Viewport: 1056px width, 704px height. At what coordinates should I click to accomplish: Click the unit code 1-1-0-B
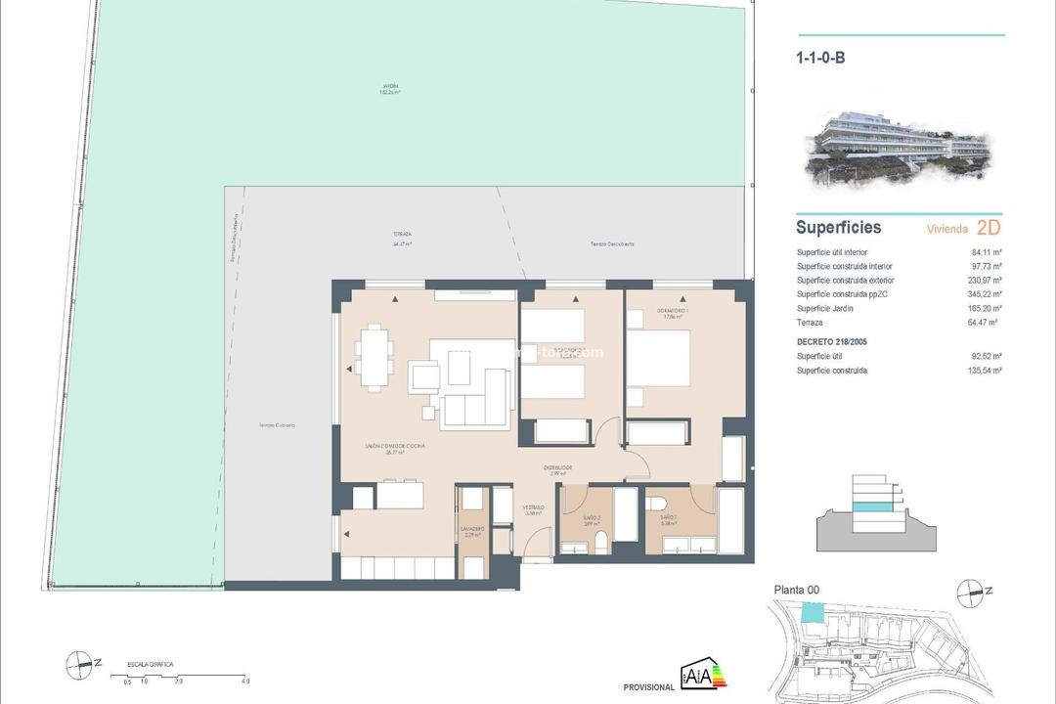(820, 58)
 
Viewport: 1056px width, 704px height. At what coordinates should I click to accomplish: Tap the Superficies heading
(838, 228)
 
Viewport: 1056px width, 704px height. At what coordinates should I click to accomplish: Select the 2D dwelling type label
(989, 228)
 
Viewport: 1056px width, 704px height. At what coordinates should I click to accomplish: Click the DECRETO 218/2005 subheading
(832, 342)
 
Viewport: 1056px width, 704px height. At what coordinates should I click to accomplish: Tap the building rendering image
(899, 150)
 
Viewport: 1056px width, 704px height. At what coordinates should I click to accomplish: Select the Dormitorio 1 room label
(673, 312)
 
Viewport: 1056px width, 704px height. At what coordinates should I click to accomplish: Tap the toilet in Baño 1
(655, 505)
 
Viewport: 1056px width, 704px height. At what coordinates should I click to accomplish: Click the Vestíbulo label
(532, 507)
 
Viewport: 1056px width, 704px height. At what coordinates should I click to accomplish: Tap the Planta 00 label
(796, 590)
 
